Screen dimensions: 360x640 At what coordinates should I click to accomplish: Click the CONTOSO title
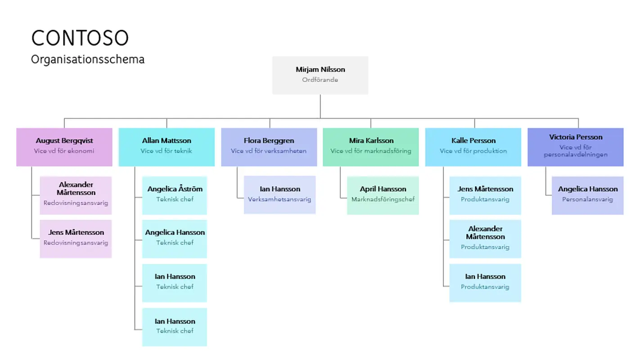[80, 38]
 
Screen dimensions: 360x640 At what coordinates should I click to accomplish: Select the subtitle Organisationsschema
[88, 59]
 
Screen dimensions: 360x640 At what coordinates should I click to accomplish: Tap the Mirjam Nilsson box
[320, 75]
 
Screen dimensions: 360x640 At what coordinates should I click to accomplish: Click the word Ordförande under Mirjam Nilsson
[320, 80]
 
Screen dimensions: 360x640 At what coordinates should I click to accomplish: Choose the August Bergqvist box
[64, 147]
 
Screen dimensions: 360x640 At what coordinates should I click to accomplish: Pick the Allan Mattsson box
[167, 147]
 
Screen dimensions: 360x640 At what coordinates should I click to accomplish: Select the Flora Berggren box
[269, 147]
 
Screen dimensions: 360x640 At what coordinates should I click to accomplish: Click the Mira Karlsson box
[371, 147]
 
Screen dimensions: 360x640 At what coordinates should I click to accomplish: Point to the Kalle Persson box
[473, 147]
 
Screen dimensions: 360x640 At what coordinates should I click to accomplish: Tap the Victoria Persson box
[575, 147]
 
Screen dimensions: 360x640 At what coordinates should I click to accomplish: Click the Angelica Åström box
[175, 194]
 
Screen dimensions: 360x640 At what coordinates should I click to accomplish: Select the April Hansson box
[383, 194]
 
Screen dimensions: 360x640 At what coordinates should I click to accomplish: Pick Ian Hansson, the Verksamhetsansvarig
[279, 194]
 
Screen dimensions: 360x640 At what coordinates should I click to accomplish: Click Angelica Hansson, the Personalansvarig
[587, 194]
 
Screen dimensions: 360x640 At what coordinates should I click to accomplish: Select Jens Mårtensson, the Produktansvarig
[485, 194]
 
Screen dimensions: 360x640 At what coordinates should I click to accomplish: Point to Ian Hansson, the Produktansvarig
[485, 282]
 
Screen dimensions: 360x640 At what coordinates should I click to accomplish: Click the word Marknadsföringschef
[383, 199]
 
